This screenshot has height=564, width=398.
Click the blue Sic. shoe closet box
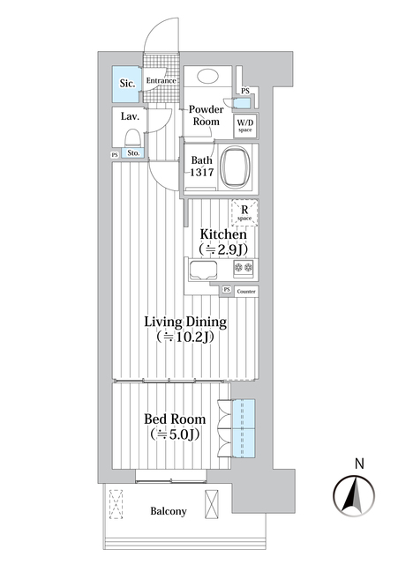coord(127,85)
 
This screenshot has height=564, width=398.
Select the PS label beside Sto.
coord(115,155)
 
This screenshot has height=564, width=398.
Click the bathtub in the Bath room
coord(236,165)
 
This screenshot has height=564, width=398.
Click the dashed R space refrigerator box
coord(244,212)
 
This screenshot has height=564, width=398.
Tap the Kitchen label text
coord(222,235)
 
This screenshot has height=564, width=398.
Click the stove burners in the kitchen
coord(241,268)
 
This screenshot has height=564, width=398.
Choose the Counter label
coord(247,290)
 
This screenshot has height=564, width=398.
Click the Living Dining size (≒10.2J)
coord(186,338)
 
